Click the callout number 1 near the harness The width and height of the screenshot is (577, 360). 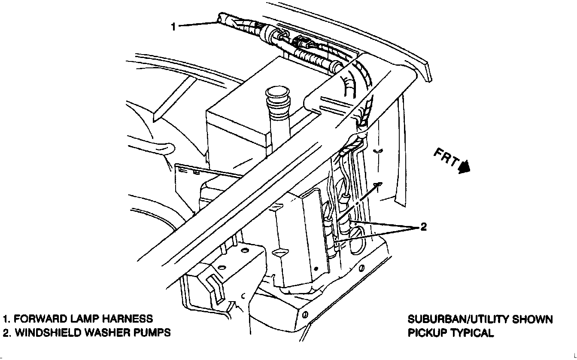(x=173, y=27)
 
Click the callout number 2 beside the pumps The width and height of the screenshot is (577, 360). (x=423, y=227)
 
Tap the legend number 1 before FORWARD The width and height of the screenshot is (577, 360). (x=6, y=319)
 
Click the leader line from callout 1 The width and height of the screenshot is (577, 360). (x=197, y=25)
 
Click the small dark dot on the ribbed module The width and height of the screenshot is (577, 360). (x=316, y=268)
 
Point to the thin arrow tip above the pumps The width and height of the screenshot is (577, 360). (x=379, y=184)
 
